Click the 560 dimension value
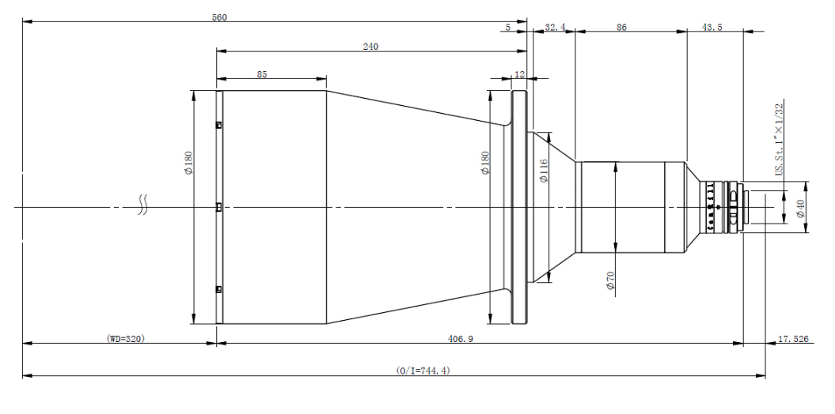219,17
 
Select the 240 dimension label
370,47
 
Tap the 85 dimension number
262,73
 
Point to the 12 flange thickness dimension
519,73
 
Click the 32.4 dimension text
556,27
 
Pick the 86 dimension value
621,27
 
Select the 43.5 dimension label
712,27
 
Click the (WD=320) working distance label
126,338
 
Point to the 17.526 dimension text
794,338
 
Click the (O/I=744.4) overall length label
423,370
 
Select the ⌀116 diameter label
544,169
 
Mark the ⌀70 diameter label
610,281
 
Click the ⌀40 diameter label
800,209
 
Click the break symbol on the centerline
142,207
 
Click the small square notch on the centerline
218,207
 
